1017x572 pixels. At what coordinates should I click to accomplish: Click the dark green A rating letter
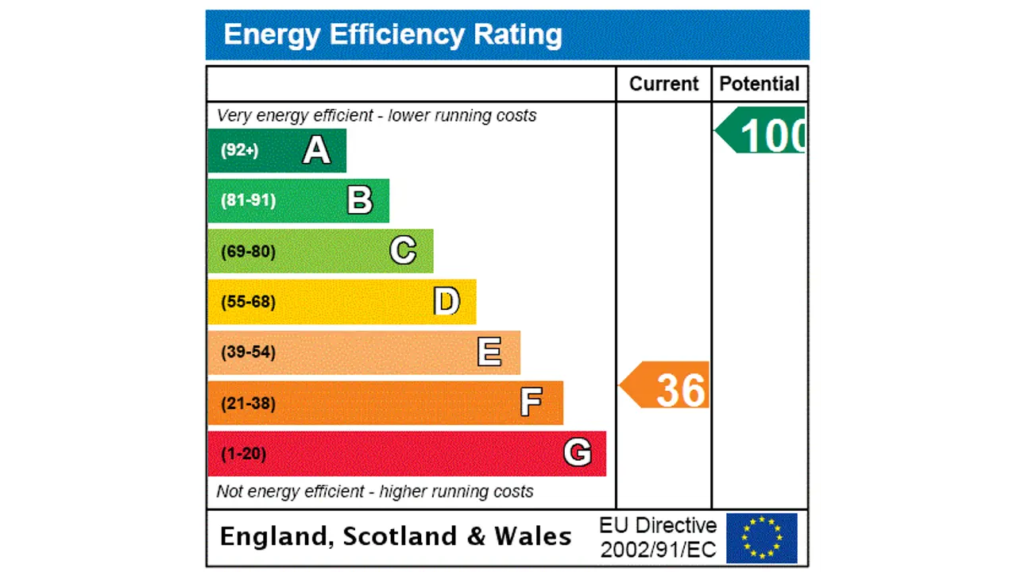pyautogui.click(x=316, y=150)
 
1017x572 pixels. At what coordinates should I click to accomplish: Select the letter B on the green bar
pyautogui.click(x=360, y=201)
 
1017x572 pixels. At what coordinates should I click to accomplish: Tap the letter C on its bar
pyautogui.click(x=403, y=251)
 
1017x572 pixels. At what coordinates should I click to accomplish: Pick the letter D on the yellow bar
pyautogui.click(x=447, y=302)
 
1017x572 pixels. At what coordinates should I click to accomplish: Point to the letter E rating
pyautogui.click(x=489, y=352)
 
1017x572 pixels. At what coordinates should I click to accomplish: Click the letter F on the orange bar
pyautogui.click(x=531, y=403)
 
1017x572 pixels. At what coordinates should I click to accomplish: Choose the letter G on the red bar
pyautogui.click(x=578, y=453)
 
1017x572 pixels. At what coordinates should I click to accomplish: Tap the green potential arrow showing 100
pyautogui.click(x=763, y=132)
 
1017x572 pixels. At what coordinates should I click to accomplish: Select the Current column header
pyautogui.click(x=663, y=84)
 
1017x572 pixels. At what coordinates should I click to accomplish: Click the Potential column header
pyautogui.click(x=760, y=84)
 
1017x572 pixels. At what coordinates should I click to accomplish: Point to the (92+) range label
pyautogui.click(x=239, y=150)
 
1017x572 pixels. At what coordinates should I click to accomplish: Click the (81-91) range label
pyautogui.click(x=248, y=200)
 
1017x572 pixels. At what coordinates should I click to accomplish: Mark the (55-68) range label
pyautogui.click(x=248, y=302)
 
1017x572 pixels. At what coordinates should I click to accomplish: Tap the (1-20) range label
pyautogui.click(x=243, y=454)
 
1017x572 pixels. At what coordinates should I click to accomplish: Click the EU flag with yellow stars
pyautogui.click(x=761, y=538)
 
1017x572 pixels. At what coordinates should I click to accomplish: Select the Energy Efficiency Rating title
pyautogui.click(x=392, y=35)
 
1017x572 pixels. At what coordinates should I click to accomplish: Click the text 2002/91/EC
pyautogui.click(x=658, y=549)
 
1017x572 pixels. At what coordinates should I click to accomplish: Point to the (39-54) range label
pyautogui.click(x=248, y=352)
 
